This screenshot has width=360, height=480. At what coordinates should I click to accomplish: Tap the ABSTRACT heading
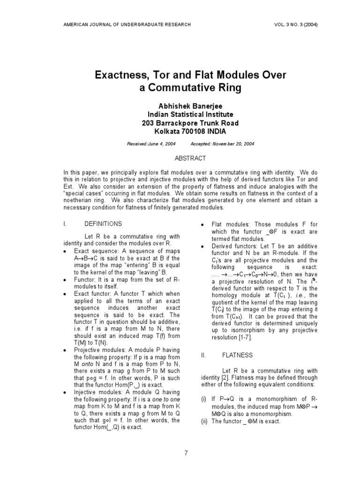[190, 158]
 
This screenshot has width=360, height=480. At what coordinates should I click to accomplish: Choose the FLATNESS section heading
[240, 355]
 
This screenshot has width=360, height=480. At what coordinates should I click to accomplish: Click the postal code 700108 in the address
[193, 132]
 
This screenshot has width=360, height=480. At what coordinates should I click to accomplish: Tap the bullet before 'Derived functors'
[202, 247]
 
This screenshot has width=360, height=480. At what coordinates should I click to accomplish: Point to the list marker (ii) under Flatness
[204, 421]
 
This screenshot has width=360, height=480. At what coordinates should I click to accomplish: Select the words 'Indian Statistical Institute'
[190, 114]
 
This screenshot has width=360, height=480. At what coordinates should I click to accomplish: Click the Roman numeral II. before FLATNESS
[203, 355]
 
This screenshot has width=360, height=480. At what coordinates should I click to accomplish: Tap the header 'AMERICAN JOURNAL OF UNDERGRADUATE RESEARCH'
[127, 24]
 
